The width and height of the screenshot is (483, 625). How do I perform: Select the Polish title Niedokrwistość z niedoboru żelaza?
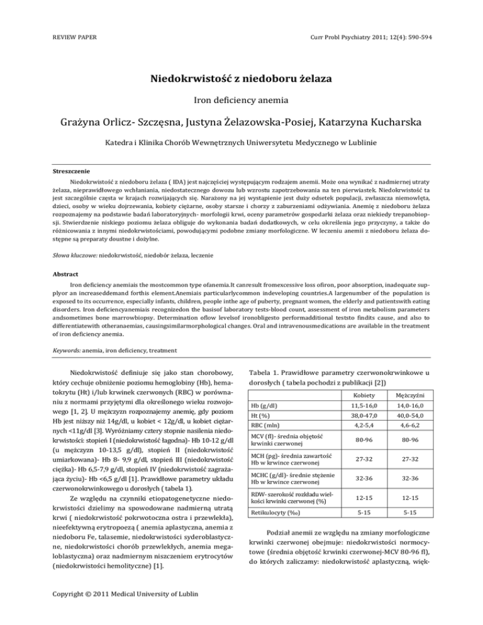point(241,80)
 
